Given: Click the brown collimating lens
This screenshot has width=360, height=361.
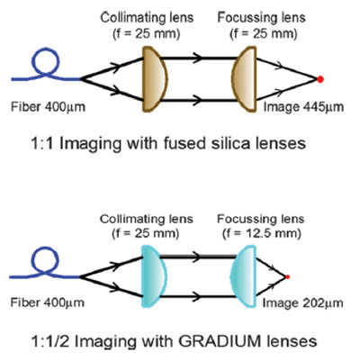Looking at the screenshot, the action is click(x=154, y=79).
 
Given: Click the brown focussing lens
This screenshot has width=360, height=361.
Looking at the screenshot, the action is click(x=245, y=79).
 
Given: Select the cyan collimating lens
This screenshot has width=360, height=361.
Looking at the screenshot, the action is click(x=153, y=276).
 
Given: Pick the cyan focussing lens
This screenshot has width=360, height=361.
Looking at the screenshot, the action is click(x=244, y=276).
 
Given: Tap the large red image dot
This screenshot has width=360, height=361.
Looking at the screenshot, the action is click(x=320, y=79).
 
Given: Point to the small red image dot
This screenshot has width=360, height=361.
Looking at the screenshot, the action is click(x=287, y=276).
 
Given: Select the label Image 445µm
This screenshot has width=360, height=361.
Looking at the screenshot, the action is click(x=303, y=107).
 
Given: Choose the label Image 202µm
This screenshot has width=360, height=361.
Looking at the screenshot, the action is click(x=302, y=303).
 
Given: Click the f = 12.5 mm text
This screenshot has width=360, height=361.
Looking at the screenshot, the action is click(x=261, y=233).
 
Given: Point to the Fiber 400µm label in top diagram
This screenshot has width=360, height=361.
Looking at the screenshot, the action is click(x=48, y=107).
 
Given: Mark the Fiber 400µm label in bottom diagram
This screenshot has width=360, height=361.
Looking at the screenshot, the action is click(x=48, y=302).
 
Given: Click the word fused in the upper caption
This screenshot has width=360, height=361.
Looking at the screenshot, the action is click(x=180, y=143).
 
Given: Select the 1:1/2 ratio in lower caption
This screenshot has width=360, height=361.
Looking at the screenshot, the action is click(x=50, y=341).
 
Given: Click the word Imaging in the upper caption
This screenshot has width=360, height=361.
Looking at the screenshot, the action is click(x=90, y=144).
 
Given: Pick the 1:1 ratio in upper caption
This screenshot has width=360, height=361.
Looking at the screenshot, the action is click(x=42, y=144).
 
